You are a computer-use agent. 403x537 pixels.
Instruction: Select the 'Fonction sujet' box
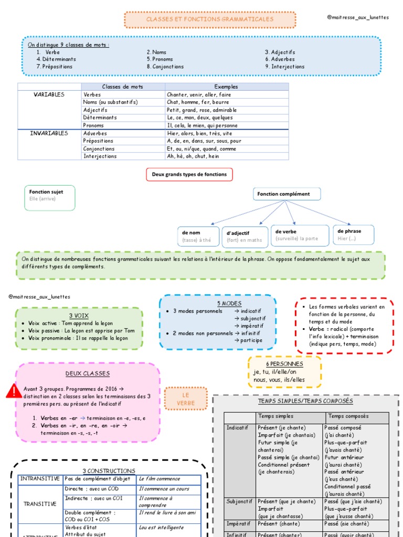pyautogui.click(x=49, y=198)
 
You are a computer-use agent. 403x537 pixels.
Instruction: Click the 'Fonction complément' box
pyautogui.click(x=287, y=194)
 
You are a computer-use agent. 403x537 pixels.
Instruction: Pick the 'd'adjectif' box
pyautogui.click(x=245, y=236)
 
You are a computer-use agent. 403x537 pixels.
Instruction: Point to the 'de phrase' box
pyautogui.click(x=354, y=234)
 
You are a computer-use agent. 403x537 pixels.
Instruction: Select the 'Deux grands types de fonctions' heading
pyautogui.click(x=189, y=174)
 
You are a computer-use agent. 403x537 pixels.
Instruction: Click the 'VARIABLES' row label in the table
pyautogui.click(x=49, y=94)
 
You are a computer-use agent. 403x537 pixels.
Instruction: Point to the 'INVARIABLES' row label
pyautogui.click(x=49, y=133)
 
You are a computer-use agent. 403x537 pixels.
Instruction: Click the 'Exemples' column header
pyautogui.click(x=226, y=87)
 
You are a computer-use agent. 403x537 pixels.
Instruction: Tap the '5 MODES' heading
pyautogui.click(x=229, y=304)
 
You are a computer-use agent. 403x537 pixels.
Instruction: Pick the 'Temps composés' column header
pyautogui.click(x=348, y=416)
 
